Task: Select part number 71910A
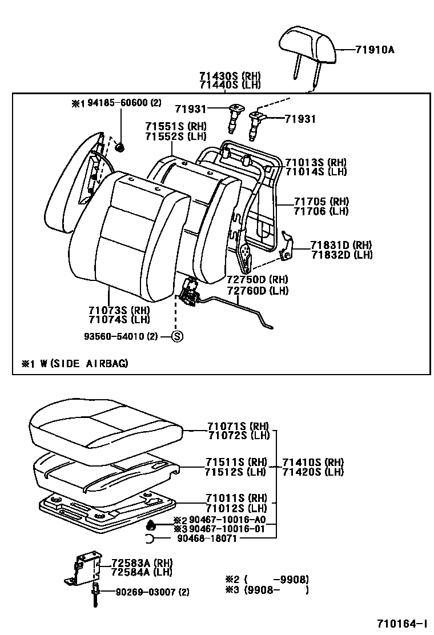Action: click(375, 50)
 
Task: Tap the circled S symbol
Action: click(177, 336)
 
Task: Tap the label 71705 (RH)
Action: click(322, 202)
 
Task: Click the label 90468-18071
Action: click(206, 538)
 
